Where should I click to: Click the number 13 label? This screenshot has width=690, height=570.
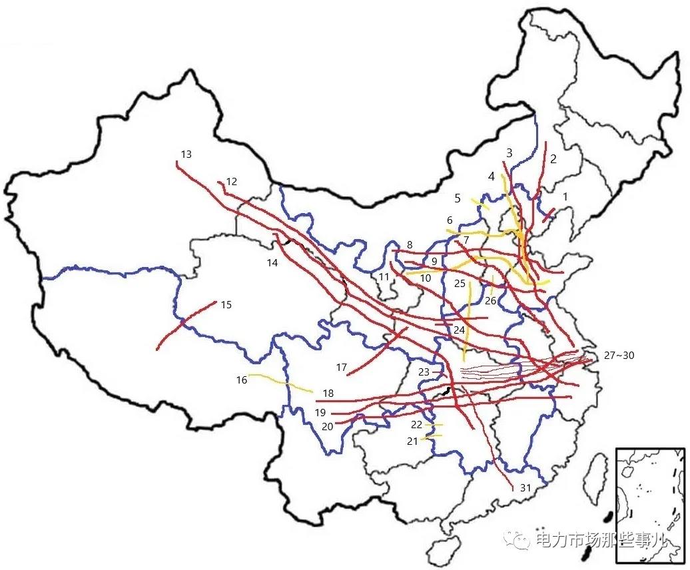click(x=186, y=154)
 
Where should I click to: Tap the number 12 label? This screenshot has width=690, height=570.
click(x=231, y=181)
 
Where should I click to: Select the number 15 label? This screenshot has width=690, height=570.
click(x=226, y=305)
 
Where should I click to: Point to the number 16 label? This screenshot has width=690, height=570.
click(x=241, y=380)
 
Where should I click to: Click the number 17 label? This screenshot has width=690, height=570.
click(x=342, y=368)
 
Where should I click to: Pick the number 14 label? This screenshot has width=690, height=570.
click(x=272, y=263)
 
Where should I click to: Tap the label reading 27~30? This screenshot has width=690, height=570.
click(x=619, y=356)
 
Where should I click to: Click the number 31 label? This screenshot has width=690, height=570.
click(x=525, y=488)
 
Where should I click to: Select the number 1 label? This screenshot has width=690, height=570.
click(x=565, y=196)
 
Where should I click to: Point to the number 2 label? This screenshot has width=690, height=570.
click(x=553, y=159)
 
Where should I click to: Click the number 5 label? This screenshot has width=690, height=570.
click(x=457, y=198)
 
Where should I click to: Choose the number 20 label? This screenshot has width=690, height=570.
click(x=326, y=426)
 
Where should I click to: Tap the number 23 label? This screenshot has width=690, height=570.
click(x=424, y=372)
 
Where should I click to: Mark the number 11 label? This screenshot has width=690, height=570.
click(x=383, y=276)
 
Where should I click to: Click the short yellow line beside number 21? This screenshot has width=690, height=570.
click(x=433, y=437)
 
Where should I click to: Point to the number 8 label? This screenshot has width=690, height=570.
click(x=410, y=244)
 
